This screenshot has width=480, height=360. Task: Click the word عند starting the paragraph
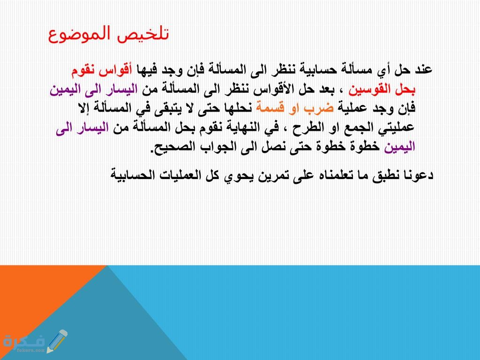click(x=423, y=70)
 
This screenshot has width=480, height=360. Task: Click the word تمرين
click(x=270, y=175)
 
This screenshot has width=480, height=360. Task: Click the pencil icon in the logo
click(x=57, y=341)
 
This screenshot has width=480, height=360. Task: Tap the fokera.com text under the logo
click(x=31, y=350)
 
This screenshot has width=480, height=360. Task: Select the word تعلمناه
click(x=337, y=175)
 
